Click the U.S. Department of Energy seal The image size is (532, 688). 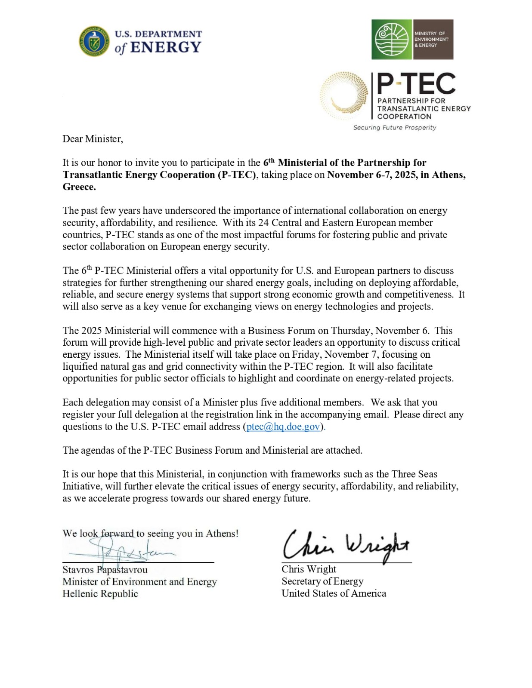click(94, 41)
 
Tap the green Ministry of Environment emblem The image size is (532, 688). click(392, 39)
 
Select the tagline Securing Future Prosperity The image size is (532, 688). click(395, 128)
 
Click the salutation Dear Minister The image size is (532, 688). click(93, 139)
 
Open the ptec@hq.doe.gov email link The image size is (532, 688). click(283, 427)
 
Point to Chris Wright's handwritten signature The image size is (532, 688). click(346, 546)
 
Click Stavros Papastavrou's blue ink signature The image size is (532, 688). click(125, 551)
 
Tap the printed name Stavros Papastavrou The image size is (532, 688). click(105, 570)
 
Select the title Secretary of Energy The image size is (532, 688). click(322, 581)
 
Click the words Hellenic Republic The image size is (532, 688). click(100, 594)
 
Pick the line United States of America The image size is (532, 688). click(334, 593)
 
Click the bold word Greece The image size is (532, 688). click(78, 187)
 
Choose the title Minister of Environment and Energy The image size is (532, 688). click(139, 582)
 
